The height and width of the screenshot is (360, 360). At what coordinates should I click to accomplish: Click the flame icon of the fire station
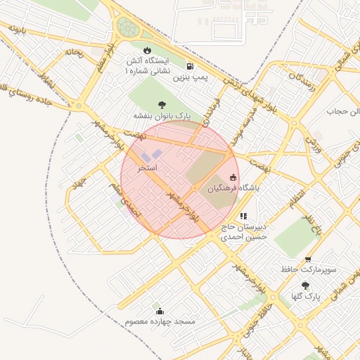(x=147, y=50)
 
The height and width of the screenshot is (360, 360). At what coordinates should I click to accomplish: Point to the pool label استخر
(x=148, y=169)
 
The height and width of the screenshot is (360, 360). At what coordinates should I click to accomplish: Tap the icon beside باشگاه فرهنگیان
(x=233, y=178)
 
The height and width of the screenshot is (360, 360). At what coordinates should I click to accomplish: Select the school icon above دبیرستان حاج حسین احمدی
(x=243, y=217)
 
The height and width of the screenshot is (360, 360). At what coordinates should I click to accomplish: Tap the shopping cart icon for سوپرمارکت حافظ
(x=311, y=257)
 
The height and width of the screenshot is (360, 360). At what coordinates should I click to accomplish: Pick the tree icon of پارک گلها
(x=305, y=285)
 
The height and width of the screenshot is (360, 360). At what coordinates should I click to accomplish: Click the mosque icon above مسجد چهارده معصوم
(x=160, y=311)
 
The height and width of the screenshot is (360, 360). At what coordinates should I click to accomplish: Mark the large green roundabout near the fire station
(x=127, y=28)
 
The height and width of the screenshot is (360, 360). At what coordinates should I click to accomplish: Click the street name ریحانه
(x=74, y=52)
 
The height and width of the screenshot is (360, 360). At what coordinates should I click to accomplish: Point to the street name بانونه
(x=18, y=28)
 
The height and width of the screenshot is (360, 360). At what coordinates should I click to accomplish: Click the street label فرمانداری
(x=210, y=112)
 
